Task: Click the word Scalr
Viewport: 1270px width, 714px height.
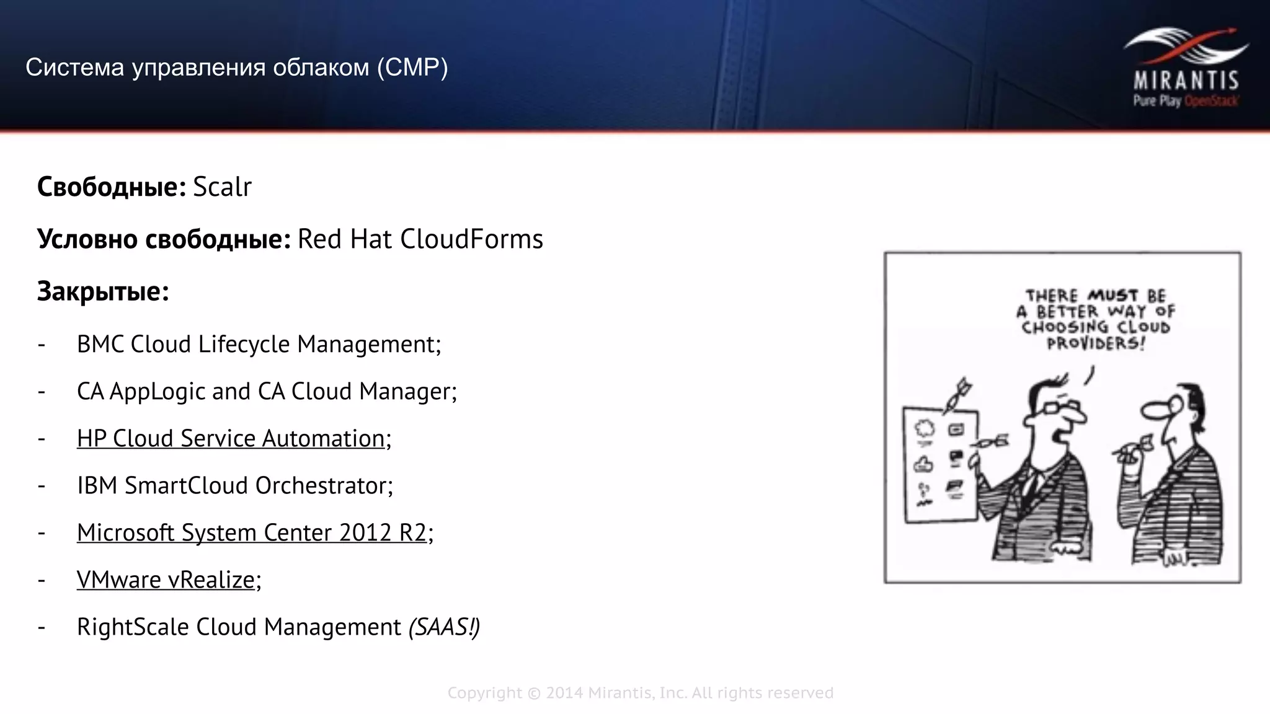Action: [222, 187]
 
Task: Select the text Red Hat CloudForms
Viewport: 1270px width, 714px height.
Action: [420, 239]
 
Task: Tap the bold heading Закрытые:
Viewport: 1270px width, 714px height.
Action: [103, 291]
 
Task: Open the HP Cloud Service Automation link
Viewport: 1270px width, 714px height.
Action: [231, 438]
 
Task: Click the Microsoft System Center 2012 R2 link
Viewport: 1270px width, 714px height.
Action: [252, 532]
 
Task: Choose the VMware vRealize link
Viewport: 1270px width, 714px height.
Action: [166, 580]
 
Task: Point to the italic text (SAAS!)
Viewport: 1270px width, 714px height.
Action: [444, 627]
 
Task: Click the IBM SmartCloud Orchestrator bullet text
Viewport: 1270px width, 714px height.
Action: [234, 485]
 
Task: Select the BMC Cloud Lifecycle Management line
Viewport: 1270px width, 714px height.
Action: [259, 344]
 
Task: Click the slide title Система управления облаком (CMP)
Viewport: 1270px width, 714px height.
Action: [236, 67]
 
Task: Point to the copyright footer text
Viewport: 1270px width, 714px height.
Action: [640, 692]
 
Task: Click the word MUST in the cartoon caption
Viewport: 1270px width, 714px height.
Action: [1112, 295]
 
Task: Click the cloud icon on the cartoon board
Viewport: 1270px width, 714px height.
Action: [924, 428]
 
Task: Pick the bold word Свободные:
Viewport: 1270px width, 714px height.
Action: [111, 187]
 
